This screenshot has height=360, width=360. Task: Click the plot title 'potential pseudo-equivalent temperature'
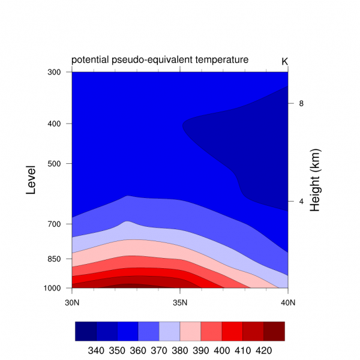pyautogui.click(x=160, y=60)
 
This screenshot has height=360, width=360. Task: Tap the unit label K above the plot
pyautogui.click(x=284, y=61)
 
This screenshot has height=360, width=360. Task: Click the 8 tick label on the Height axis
pyautogui.click(x=301, y=103)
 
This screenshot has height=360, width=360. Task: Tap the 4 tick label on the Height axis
pyautogui.click(x=301, y=201)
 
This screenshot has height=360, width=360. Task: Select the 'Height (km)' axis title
pyautogui.click(x=316, y=181)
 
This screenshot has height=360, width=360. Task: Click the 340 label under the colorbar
pyautogui.click(x=96, y=350)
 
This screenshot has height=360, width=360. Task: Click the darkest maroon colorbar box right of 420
pyautogui.click(x=274, y=331)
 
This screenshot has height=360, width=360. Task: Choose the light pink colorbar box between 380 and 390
pyautogui.click(x=190, y=331)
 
